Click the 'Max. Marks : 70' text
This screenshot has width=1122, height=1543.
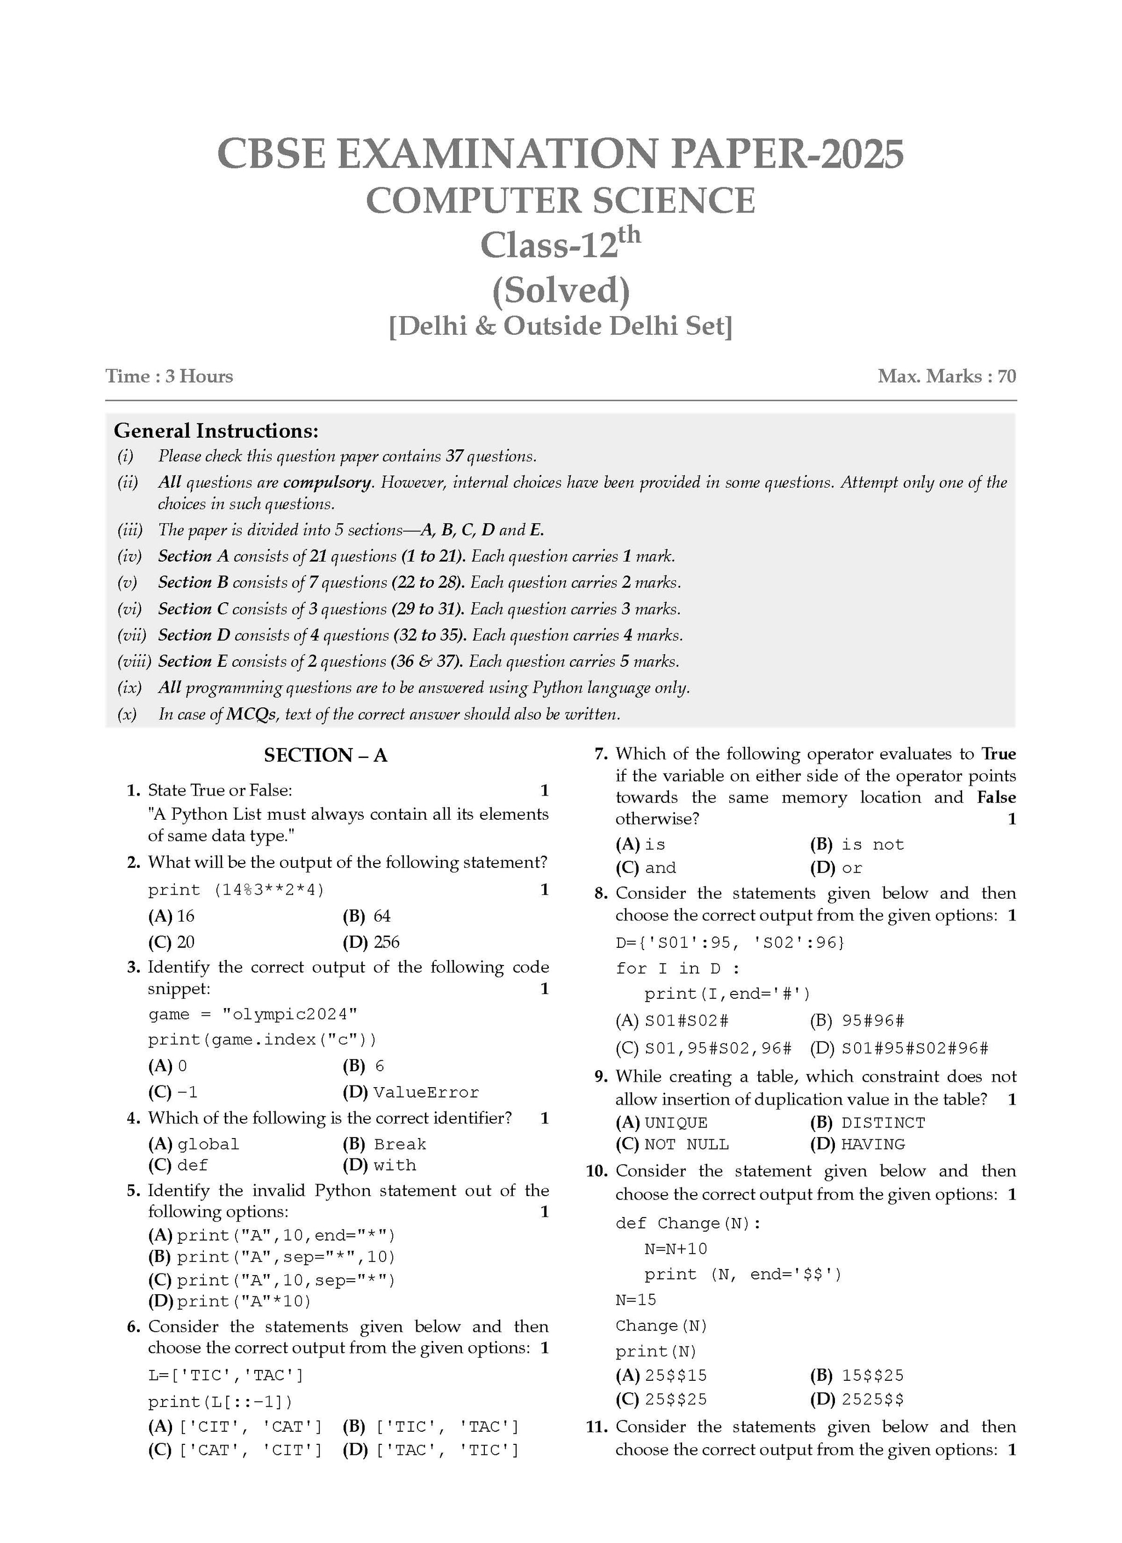click(x=947, y=376)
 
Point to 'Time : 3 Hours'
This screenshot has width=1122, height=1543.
click(x=169, y=376)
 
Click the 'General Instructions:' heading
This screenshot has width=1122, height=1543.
click(x=216, y=431)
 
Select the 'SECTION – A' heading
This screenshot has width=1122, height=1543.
click(x=325, y=755)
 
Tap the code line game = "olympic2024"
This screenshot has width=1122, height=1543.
click(x=253, y=1014)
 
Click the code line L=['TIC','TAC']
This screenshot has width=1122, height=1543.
click(x=226, y=1376)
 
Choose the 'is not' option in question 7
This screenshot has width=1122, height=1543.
click(x=872, y=845)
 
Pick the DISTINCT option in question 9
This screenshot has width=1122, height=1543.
click(x=883, y=1123)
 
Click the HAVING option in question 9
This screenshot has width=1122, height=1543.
click(x=873, y=1145)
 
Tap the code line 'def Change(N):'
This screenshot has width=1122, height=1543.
click(x=688, y=1223)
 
